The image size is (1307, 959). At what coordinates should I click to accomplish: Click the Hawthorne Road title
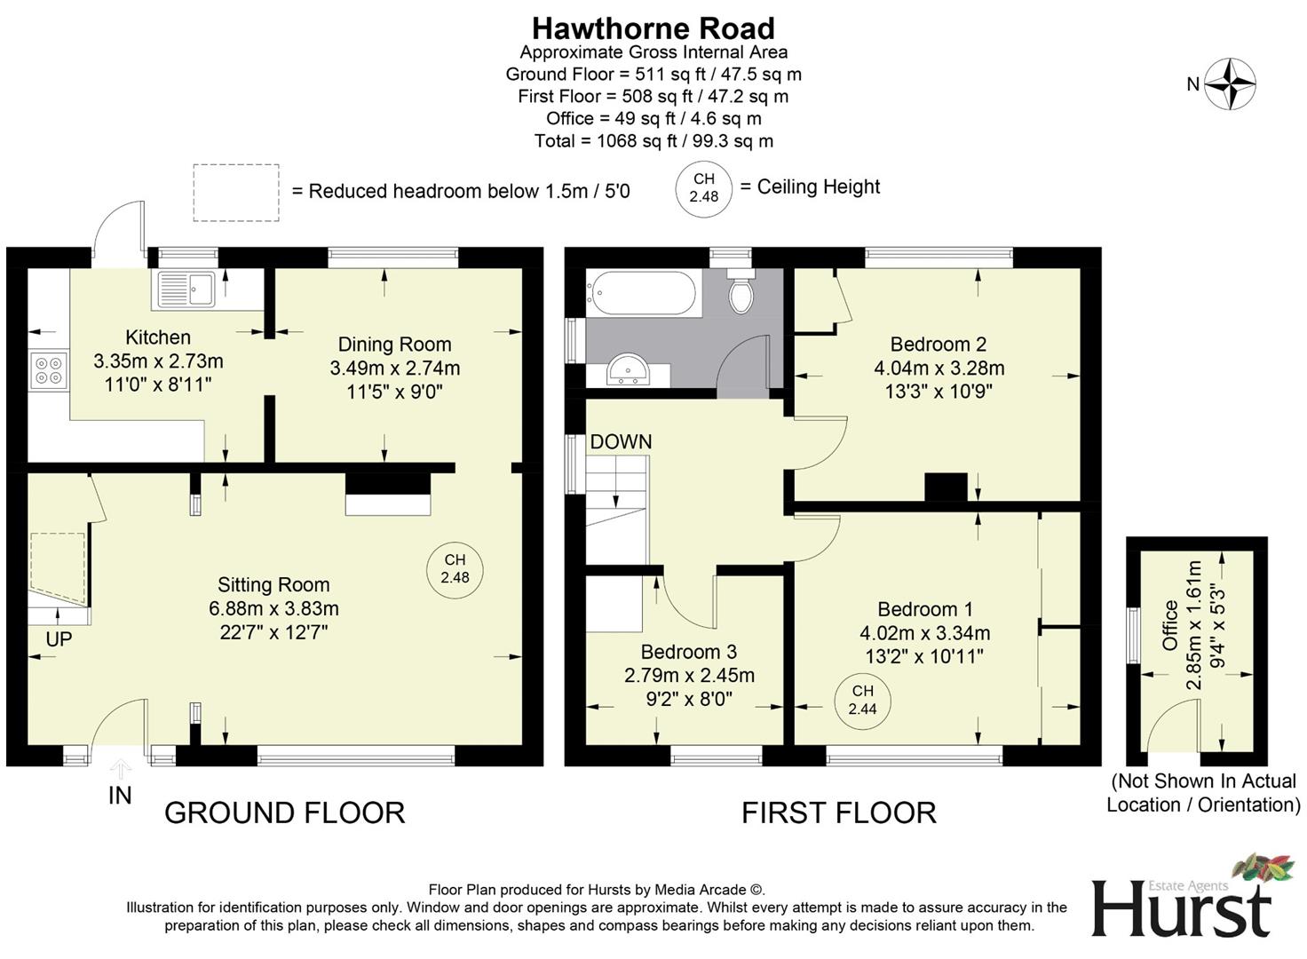coord(653,28)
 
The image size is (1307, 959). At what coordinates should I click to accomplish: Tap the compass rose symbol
coord(1230,84)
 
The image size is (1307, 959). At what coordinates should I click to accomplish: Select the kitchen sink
coord(186,289)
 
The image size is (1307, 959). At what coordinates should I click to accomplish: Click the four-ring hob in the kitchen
coord(49,370)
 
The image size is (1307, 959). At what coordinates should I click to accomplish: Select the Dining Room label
coord(394,345)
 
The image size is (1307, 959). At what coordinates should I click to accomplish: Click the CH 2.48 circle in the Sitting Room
coord(455,568)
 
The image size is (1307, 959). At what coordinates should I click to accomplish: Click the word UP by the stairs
coord(59,639)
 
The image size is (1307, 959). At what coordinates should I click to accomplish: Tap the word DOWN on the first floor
coord(621,441)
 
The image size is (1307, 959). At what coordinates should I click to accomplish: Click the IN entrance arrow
coord(121,769)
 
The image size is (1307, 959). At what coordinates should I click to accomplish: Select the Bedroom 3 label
coord(688,652)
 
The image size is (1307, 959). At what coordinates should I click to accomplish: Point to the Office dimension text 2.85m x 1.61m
coord(1194,624)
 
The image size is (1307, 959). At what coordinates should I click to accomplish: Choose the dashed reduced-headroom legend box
coord(236,192)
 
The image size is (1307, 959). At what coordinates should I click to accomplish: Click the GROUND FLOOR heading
coord(284,812)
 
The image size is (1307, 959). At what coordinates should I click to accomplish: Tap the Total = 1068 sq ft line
coord(653,141)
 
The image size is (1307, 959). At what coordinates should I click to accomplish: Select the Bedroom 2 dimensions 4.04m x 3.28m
coord(939,368)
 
